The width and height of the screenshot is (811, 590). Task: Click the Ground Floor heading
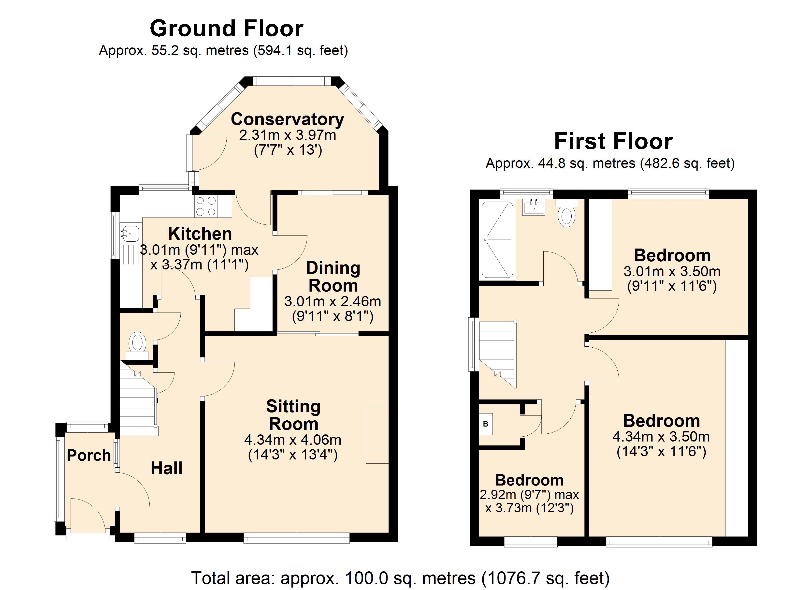[x=226, y=28]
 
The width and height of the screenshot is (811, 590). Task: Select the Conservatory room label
[x=288, y=119]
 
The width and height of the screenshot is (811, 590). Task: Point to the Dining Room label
[x=333, y=277]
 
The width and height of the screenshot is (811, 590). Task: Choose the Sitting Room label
[x=293, y=415]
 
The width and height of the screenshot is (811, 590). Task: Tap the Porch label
[x=89, y=455]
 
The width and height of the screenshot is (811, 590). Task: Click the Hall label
[x=167, y=468]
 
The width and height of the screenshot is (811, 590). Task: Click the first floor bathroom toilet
[x=567, y=213]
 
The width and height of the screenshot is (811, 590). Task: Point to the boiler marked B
[x=486, y=424]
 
